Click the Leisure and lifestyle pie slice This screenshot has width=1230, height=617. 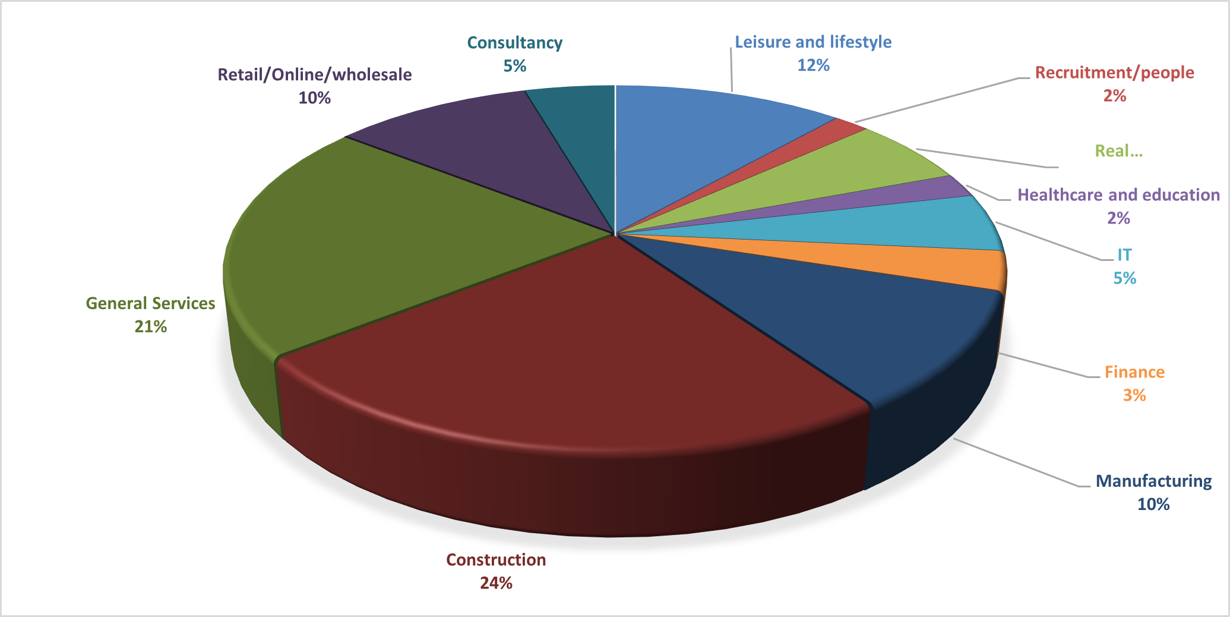click(x=701, y=149)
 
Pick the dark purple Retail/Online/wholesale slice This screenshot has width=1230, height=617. click(x=475, y=149)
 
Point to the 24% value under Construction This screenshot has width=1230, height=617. click(x=496, y=583)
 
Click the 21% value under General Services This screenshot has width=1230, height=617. click(x=151, y=326)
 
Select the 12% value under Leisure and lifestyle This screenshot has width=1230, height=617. click(x=813, y=65)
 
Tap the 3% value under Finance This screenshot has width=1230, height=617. click(x=1134, y=395)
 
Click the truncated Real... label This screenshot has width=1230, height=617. click(x=1118, y=151)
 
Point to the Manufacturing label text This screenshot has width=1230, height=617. click(x=1153, y=481)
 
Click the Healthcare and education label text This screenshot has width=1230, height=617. click(x=1118, y=195)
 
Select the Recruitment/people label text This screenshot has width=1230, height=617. click(x=1114, y=73)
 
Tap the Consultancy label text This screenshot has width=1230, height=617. click(x=514, y=43)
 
